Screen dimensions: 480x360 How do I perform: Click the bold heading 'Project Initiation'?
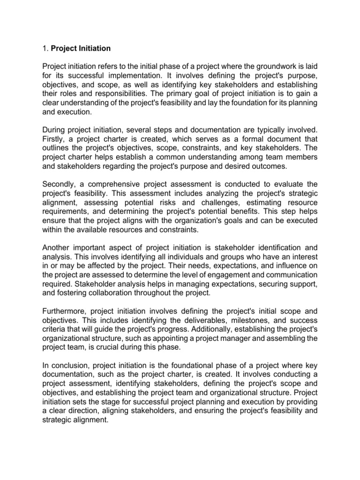pyautogui.click(x=81, y=48)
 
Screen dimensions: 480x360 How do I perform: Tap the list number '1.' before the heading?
pyautogui.click(x=45, y=48)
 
